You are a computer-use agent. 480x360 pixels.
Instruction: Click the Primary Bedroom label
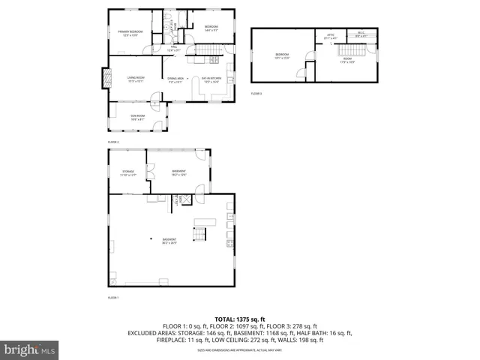(130, 32)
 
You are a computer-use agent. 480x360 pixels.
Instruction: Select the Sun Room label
(137, 117)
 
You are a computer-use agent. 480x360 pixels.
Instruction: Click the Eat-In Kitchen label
(211, 79)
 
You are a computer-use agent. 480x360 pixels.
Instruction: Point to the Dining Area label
(176, 79)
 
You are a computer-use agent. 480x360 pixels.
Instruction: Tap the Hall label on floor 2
(173, 49)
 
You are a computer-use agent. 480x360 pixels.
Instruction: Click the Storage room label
(128, 172)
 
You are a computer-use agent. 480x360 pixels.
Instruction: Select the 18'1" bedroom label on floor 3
(282, 55)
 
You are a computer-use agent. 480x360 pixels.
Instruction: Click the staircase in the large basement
(198, 235)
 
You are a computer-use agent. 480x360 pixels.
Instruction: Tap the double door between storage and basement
(150, 172)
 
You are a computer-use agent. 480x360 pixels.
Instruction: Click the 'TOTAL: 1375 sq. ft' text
(241, 319)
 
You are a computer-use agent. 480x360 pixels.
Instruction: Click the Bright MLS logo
(29, 349)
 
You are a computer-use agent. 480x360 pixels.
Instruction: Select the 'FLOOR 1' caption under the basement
(113, 298)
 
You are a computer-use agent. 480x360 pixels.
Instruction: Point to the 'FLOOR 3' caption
(256, 94)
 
